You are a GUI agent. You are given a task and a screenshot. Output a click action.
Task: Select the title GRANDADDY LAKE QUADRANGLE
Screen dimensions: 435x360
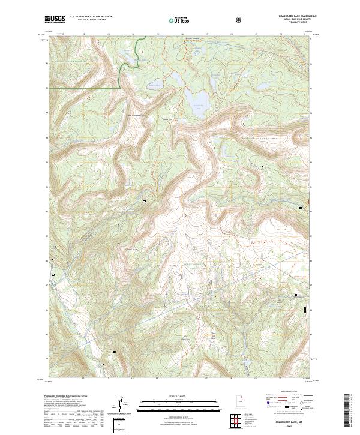point(287,16)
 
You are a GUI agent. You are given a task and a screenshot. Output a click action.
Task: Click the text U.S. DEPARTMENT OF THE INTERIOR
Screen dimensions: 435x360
point(91,17)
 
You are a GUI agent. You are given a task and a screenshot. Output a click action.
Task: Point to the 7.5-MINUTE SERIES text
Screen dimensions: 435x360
point(287,25)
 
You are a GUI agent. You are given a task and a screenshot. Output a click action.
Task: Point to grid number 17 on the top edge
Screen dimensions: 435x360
point(206,34)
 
